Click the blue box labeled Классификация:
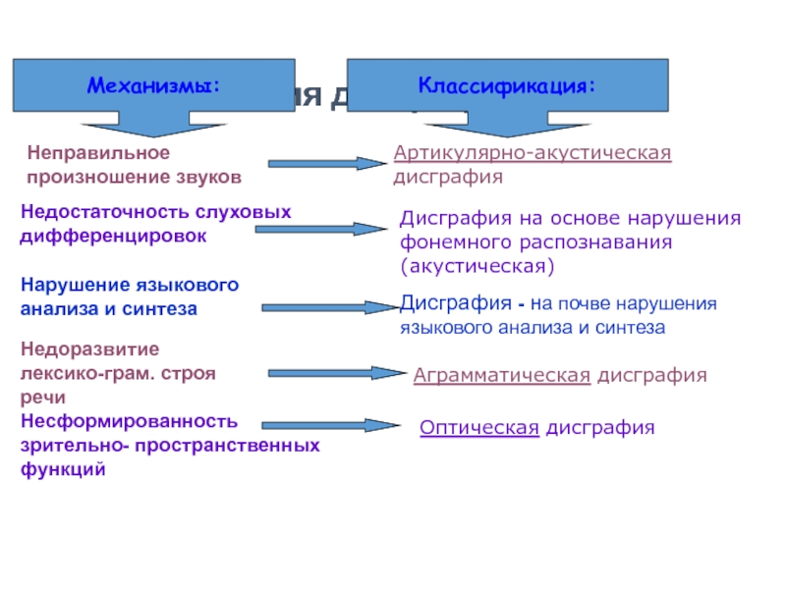[x=506, y=85]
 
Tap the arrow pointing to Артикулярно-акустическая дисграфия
[x=325, y=164]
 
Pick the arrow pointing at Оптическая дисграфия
[x=329, y=425]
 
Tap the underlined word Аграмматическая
[x=501, y=375]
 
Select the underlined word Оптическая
[x=478, y=427]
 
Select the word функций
[x=63, y=469]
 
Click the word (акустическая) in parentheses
[x=477, y=265]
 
